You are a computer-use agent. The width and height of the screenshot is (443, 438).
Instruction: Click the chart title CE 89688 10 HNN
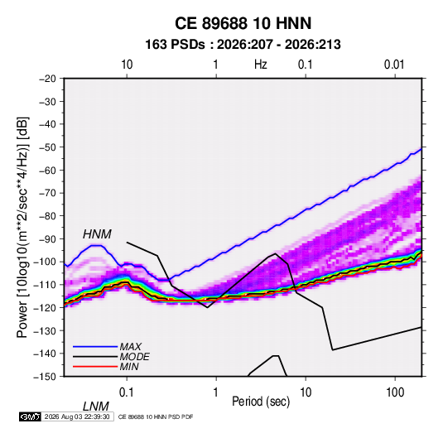[x=243, y=23]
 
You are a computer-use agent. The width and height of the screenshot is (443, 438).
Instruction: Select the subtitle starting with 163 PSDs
[x=243, y=45]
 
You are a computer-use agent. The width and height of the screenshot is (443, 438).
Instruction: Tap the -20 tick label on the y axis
[x=47, y=79]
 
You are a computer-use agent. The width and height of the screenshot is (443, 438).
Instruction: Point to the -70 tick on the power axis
[x=47, y=193]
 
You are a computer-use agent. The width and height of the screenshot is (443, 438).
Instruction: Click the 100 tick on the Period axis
[x=395, y=392]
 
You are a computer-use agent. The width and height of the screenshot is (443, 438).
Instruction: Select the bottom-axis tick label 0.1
[x=127, y=392]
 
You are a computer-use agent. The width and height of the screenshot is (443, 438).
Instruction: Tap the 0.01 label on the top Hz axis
[x=394, y=65]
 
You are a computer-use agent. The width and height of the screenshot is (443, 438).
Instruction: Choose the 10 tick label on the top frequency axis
[x=127, y=65]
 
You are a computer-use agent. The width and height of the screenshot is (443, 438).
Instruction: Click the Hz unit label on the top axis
[x=261, y=65]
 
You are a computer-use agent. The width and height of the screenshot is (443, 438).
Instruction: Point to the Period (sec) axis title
[x=261, y=402]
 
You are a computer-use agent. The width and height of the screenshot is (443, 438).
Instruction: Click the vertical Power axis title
[x=22, y=227]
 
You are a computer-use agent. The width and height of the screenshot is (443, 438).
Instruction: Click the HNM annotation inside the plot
[x=97, y=234]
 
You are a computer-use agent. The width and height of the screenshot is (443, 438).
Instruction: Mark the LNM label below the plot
[x=96, y=407]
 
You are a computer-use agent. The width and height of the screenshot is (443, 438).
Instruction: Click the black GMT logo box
[x=31, y=416]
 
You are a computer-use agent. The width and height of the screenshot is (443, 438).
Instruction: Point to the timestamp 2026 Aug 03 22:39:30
[x=77, y=416]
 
